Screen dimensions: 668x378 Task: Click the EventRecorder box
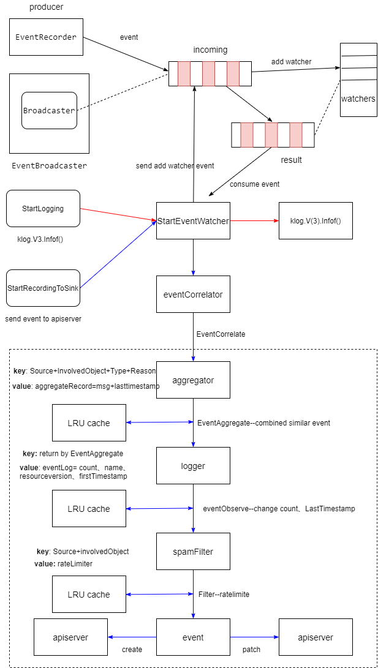point(46,37)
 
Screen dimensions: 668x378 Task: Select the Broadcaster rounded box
point(49,111)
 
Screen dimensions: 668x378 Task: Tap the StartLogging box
point(43,208)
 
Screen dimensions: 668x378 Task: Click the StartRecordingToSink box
point(43,288)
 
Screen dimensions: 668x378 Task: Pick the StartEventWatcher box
point(193,220)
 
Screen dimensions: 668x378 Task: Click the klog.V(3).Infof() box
point(316,220)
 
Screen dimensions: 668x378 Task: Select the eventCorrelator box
point(193,294)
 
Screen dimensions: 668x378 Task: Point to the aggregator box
point(193,380)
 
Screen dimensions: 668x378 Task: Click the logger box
point(193,465)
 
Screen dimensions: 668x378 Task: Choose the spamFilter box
point(193,551)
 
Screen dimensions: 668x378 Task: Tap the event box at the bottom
point(193,637)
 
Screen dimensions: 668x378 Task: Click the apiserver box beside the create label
point(70,637)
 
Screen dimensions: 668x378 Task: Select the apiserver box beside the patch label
point(316,637)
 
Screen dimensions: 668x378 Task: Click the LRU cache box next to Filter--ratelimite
point(89,594)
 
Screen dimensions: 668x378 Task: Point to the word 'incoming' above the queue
point(210,50)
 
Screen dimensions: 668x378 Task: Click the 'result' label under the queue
point(291,160)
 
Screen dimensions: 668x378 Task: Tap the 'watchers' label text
point(358,99)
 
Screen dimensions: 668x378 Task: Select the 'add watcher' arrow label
point(291,62)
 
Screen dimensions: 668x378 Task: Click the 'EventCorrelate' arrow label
point(221,334)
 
